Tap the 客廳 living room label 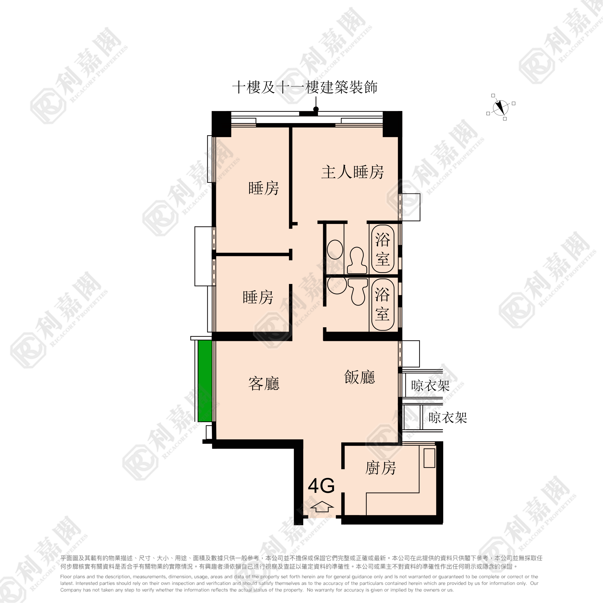click(264, 383)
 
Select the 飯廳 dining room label click(360, 377)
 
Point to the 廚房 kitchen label click(380, 468)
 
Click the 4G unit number click(321, 486)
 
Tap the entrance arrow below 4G click(322, 507)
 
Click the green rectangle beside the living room click(205, 381)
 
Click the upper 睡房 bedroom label click(263, 188)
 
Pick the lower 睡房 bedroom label click(258, 297)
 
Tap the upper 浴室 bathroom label click(383, 249)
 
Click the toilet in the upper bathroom click(357, 260)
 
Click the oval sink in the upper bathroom click(335, 249)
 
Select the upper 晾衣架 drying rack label click(430, 386)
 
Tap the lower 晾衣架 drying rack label click(448, 418)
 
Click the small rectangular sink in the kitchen click(429, 458)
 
